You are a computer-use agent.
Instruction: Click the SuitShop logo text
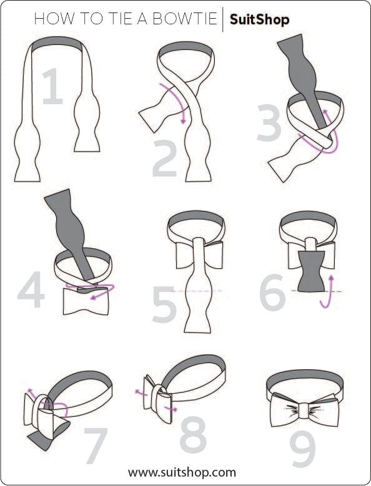[x=259, y=20]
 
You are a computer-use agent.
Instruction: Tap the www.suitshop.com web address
[x=182, y=472]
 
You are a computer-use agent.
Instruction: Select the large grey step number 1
[x=52, y=86]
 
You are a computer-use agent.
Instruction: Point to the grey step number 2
[x=165, y=158]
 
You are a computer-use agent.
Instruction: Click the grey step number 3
[x=269, y=123]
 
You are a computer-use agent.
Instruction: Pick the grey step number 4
[x=31, y=289]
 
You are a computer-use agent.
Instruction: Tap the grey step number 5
[x=164, y=304]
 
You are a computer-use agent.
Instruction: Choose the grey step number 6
[x=272, y=292]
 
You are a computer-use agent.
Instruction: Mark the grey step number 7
[x=96, y=446]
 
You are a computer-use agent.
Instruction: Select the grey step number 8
[x=193, y=435]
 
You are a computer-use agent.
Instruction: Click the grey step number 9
[x=302, y=449]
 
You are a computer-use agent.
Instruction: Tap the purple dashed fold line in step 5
[x=197, y=291]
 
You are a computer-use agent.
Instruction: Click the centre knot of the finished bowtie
[x=304, y=409]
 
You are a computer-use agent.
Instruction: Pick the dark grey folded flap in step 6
[x=311, y=271]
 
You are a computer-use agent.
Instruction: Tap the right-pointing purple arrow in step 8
[x=171, y=409]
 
